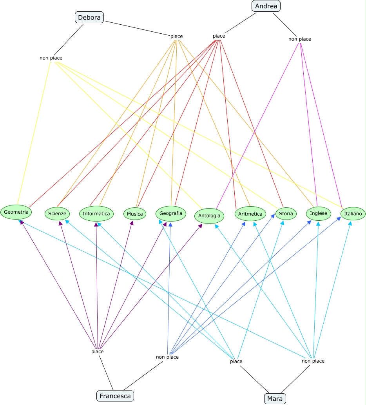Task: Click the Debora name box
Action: [x=89, y=17]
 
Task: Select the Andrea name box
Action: [x=266, y=6]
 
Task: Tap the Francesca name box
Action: [x=115, y=396]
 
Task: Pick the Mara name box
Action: [x=275, y=399]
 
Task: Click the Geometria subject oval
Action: [x=16, y=212]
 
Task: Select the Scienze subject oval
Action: [x=57, y=214]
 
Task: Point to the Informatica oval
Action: [x=96, y=214]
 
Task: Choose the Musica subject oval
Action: [x=135, y=214]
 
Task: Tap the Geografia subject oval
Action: [x=171, y=213]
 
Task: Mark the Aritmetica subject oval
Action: [x=250, y=214]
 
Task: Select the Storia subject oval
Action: [x=285, y=214]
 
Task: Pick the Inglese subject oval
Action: [x=318, y=213]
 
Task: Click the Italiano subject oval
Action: [x=353, y=214]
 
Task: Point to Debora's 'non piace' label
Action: [x=51, y=58]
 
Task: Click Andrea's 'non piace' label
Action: [x=300, y=39]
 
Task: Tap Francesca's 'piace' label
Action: [x=97, y=352]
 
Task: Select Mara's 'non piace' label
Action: [x=313, y=361]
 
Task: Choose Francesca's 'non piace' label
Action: [x=167, y=357]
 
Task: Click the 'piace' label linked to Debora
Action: [x=176, y=36]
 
